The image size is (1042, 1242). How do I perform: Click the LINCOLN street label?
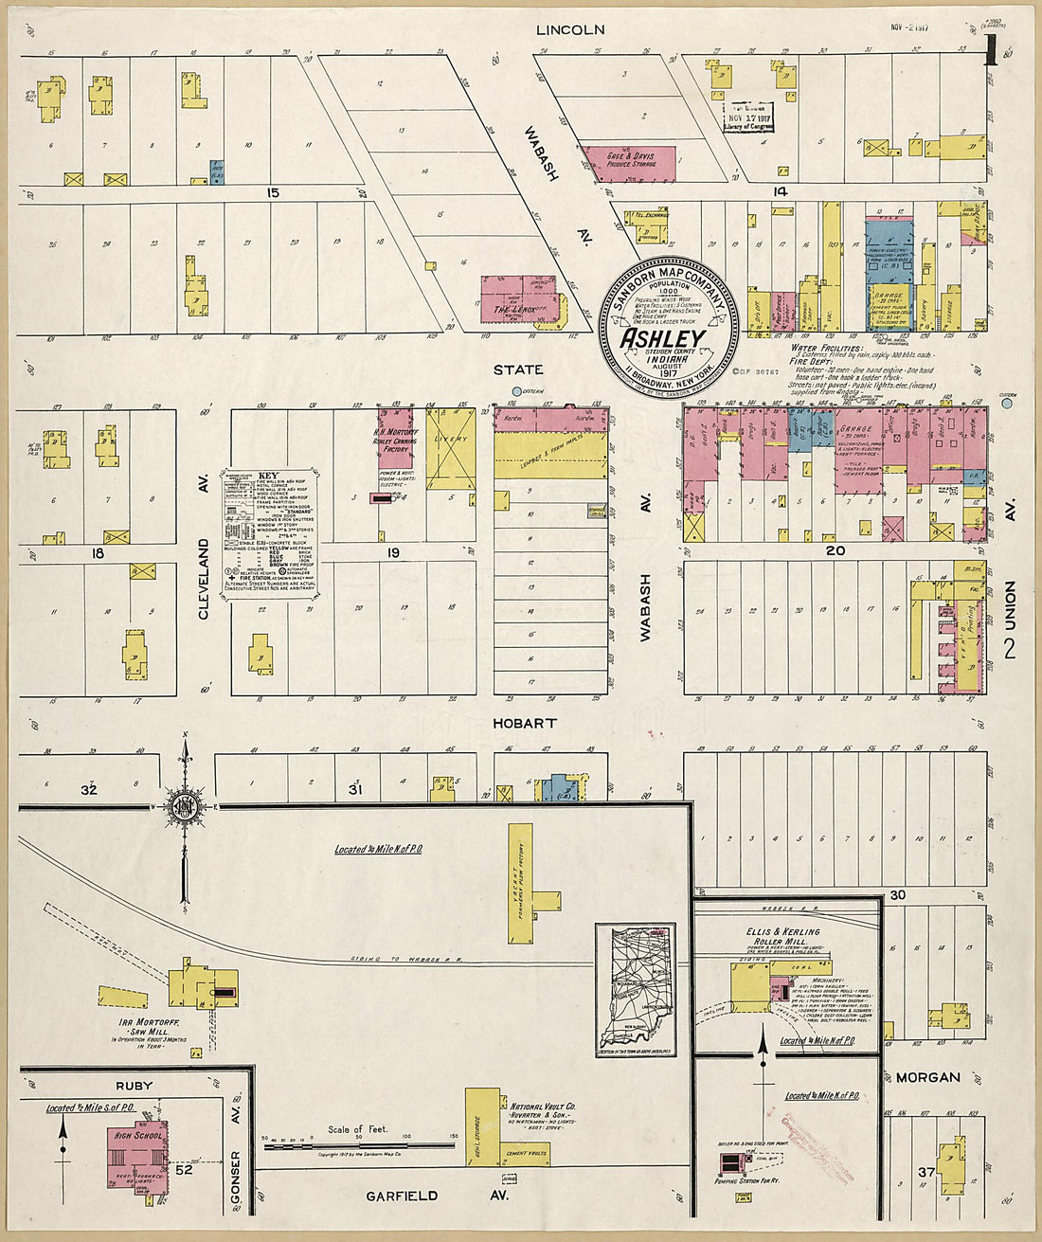tap(569, 29)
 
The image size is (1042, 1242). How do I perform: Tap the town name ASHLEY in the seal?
tap(662, 339)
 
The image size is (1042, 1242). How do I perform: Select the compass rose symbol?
tap(184, 806)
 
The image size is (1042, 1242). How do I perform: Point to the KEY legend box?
tap(270, 531)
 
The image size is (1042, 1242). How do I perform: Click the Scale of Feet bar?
tap(361, 1145)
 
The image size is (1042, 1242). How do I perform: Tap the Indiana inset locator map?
tap(636, 991)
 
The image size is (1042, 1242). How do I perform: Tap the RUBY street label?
tap(134, 1086)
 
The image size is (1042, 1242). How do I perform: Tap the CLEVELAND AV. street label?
tap(203, 579)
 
